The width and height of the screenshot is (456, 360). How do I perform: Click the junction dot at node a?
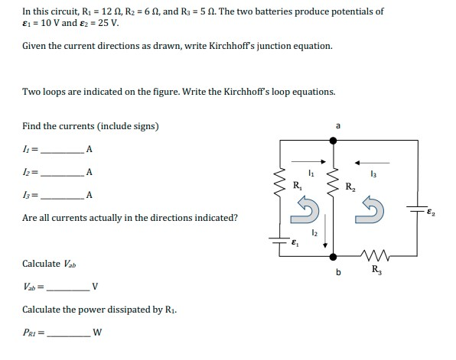[332, 141]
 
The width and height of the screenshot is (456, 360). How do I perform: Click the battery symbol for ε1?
[281, 239]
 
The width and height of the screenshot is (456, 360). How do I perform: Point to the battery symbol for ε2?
[418, 209]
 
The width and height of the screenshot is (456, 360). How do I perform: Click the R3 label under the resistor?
[376, 270]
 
